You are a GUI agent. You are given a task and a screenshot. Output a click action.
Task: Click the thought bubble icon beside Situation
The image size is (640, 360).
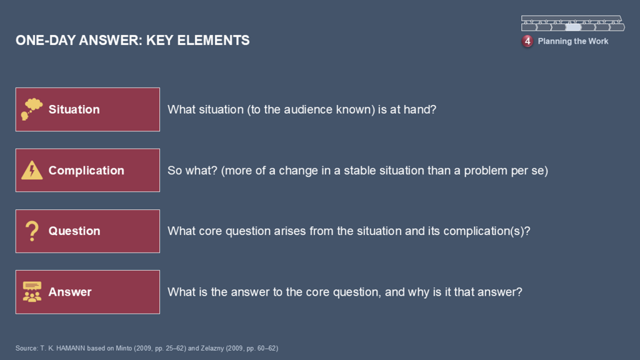[x=32, y=109]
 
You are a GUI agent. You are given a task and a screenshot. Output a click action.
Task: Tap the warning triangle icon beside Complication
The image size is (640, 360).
[x=32, y=170]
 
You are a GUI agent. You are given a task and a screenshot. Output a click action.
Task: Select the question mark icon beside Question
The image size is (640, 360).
[x=32, y=231]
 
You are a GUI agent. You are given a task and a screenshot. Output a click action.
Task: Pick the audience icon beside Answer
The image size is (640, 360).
[x=32, y=292]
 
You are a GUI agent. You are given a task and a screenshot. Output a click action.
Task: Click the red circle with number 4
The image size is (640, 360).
[x=527, y=41]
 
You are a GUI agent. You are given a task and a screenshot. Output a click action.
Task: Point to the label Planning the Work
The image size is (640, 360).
[x=572, y=41]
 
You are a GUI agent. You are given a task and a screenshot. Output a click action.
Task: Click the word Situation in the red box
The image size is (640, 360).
[x=74, y=109]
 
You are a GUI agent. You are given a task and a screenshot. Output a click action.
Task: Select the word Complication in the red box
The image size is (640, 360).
[x=86, y=170]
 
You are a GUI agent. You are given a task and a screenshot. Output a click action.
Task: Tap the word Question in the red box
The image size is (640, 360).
[x=74, y=231]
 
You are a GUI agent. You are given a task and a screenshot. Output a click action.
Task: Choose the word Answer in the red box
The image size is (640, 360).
[x=70, y=292]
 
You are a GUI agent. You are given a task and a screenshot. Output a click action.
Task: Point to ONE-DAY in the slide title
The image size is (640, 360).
[x=45, y=41]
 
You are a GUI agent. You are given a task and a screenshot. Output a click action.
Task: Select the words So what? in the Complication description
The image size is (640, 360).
[x=192, y=170]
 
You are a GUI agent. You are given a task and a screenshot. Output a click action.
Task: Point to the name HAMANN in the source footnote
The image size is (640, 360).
[x=71, y=348]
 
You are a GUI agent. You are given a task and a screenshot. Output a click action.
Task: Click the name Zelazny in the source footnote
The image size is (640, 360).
[x=212, y=348]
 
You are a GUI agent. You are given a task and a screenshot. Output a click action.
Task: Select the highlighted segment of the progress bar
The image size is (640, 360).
[x=572, y=27]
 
